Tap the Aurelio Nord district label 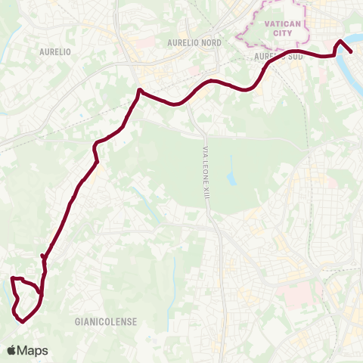click(194, 43)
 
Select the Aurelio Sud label click(272, 57)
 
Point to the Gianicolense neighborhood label click(106, 321)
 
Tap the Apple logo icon click(12, 350)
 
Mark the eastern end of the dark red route click(352, 52)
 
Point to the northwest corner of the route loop click(12, 280)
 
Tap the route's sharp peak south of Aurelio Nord click(139, 90)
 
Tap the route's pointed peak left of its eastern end click(340, 41)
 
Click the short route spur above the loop click(44, 259)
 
